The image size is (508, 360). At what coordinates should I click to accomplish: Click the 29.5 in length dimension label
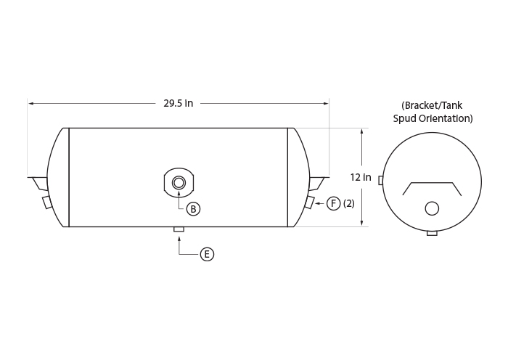(179, 103)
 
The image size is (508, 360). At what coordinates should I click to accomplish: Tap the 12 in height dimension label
(360, 177)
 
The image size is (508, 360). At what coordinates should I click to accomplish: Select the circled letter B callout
(194, 209)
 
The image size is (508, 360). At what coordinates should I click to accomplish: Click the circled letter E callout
(207, 254)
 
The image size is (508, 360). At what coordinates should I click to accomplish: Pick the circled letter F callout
(333, 203)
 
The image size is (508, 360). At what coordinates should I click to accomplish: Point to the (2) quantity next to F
(348, 203)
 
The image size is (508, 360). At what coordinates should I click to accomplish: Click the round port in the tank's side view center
(179, 183)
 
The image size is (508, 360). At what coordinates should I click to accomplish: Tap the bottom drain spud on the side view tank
(179, 229)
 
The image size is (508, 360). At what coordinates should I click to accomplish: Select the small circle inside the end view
(432, 208)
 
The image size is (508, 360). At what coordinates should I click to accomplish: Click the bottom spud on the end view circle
(432, 233)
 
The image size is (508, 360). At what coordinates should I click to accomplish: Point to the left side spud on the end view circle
(381, 180)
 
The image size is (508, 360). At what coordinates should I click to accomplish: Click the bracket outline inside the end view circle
(432, 183)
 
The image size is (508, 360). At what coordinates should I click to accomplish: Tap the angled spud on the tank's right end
(309, 202)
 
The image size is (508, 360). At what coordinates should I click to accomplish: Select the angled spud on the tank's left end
(47, 202)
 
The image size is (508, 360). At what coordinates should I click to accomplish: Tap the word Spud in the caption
(404, 118)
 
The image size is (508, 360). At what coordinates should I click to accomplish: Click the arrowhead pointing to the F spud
(318, 203)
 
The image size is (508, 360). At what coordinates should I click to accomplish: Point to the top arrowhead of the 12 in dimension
(361, 131)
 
